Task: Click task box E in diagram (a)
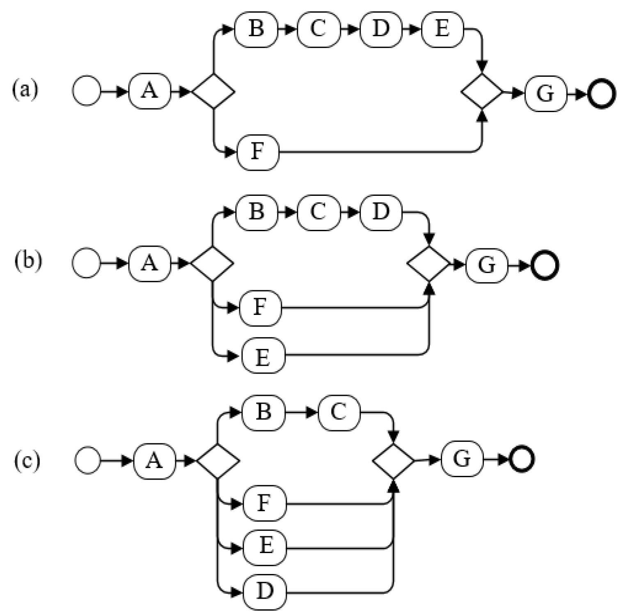point(442,29)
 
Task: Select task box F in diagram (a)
point(258,152)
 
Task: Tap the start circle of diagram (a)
point(87,91)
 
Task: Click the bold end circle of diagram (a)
point(602,94)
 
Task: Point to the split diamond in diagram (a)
point(213,91)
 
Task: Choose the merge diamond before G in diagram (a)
point(482,91)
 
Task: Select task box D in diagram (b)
point(381,212)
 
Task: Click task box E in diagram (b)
point(263,355)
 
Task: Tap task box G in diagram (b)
point(487,265)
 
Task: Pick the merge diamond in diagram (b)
point(429,264)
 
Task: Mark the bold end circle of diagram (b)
point(545,266)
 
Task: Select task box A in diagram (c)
point(154,461)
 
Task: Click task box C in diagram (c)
point(339,412)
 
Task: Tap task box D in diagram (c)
point(265,592)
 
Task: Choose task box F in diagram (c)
point(264,503)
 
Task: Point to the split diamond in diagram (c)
point(218,461)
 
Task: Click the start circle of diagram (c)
point(87,460)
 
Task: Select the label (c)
point(27,460)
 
